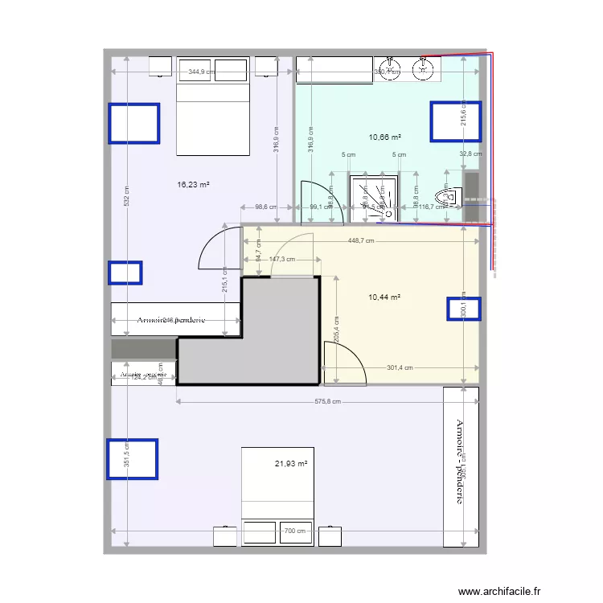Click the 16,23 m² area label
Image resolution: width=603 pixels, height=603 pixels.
193,184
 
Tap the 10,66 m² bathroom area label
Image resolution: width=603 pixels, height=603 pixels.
385,137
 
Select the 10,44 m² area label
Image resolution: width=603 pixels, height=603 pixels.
384,297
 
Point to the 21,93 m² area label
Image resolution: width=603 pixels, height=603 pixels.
291,463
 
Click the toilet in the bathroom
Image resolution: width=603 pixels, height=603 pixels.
445,194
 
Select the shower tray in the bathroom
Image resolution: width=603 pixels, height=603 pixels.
375,195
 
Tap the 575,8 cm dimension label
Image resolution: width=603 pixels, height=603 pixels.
326,401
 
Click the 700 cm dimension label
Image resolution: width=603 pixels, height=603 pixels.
295,531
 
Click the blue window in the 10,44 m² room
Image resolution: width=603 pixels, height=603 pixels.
464,310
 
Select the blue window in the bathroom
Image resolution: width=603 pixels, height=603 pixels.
455,121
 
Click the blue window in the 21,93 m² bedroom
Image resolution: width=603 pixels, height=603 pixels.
133,459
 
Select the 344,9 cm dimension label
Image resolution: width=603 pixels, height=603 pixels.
203,72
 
